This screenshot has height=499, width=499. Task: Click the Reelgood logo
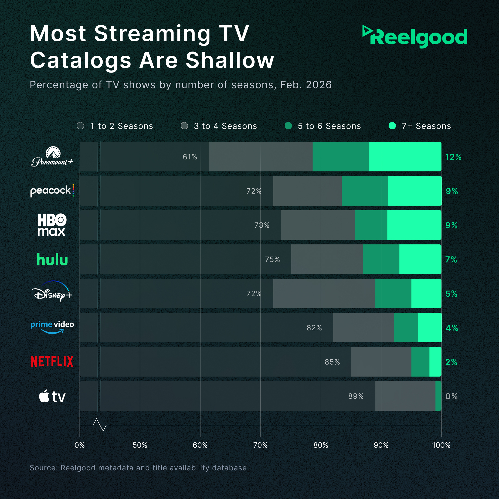(x=415, y=37)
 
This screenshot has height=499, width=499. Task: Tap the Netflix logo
(x=52, y=362)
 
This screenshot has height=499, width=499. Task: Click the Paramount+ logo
(x=52, y=157)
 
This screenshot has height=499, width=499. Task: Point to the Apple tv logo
(x=52, y=396)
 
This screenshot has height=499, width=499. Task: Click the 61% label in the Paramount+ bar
(x=190, y=157)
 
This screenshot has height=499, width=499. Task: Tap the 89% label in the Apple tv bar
(x=356, y=396)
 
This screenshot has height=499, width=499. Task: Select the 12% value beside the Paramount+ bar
(x=453, y=157)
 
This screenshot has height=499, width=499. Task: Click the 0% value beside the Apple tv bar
(x=451, y=396)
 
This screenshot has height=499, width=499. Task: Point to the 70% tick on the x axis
(x=260, y=445)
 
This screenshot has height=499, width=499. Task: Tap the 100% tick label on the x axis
(x=441, y=445)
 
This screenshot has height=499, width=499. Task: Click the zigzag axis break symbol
(x=100, y=425)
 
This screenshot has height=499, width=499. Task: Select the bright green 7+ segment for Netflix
(x=435, y=362)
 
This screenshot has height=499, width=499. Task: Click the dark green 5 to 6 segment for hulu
(x=381, y=259)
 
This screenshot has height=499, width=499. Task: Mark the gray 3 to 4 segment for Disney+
(x=324, y=293)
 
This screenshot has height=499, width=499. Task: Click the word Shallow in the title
(x=230, y=60)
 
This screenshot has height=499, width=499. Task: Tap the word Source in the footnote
(x=43, y=468)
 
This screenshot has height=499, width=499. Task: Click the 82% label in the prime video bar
(x=314, y=328)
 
